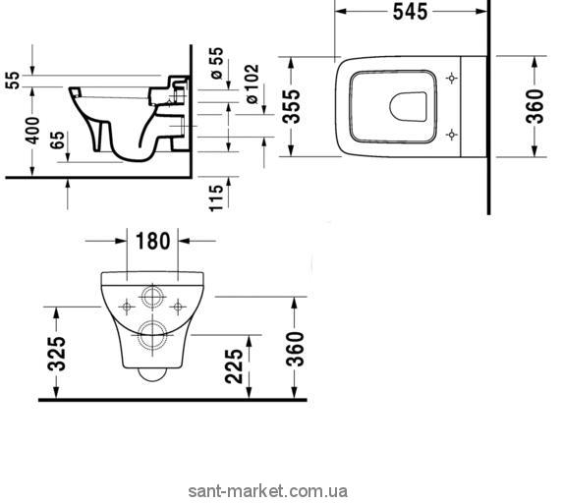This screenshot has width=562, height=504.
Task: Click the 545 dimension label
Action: click(410, 12)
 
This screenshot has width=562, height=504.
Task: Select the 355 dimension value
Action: click(291, 106)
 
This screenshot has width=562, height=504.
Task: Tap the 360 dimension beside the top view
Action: click(534, 106)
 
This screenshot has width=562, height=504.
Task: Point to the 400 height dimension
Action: click(32, 131)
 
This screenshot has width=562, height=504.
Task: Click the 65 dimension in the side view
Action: click(58, 140)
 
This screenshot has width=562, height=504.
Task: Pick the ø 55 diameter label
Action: click(217, 63)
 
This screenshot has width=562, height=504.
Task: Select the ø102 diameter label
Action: click(252, 84)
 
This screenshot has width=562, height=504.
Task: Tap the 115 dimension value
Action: click(216, 197)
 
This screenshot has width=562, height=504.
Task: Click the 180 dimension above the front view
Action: click(152, 241)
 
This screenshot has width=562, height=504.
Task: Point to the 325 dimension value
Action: click(57, 354)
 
